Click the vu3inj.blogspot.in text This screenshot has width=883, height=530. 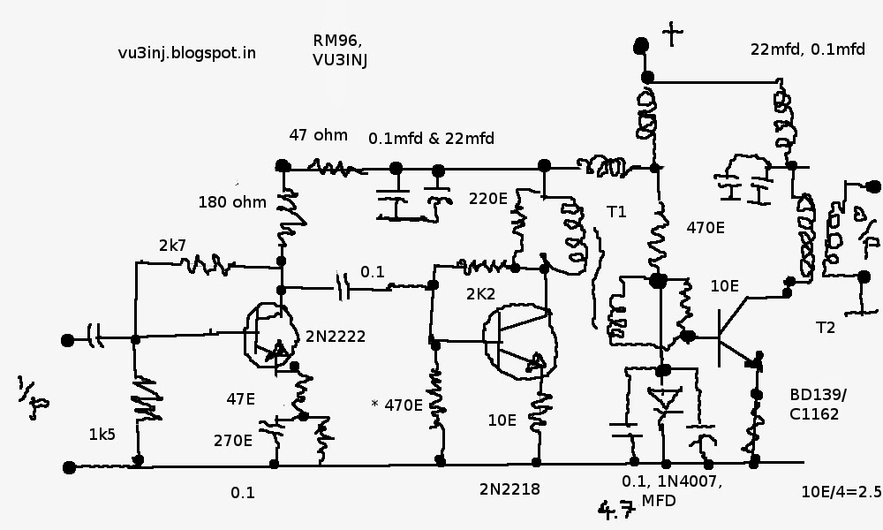pos(187,53)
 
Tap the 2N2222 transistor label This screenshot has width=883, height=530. pos(336,337)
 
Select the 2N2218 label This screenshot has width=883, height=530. pos(509,489)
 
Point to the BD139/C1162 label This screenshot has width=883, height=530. pos(818,405)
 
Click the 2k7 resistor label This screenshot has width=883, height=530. pos(172,245)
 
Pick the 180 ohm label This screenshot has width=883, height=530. pos(232,201)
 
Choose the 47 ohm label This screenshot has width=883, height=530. pos(318,135)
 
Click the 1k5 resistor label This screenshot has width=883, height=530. pos(102,435)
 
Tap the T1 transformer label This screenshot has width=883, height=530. pos(616,212)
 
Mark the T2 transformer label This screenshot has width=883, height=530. pos(826,327)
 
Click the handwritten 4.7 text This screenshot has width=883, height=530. pos(616,510)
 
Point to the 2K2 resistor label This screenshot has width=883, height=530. pos(480,294)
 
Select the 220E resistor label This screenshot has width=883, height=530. pos(488,198)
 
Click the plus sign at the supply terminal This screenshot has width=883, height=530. pos(672,35)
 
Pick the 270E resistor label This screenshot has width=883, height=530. pos(232,441)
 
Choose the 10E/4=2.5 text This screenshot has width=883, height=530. pos(841,492)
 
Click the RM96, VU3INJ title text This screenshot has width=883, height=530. pos(340,49)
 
